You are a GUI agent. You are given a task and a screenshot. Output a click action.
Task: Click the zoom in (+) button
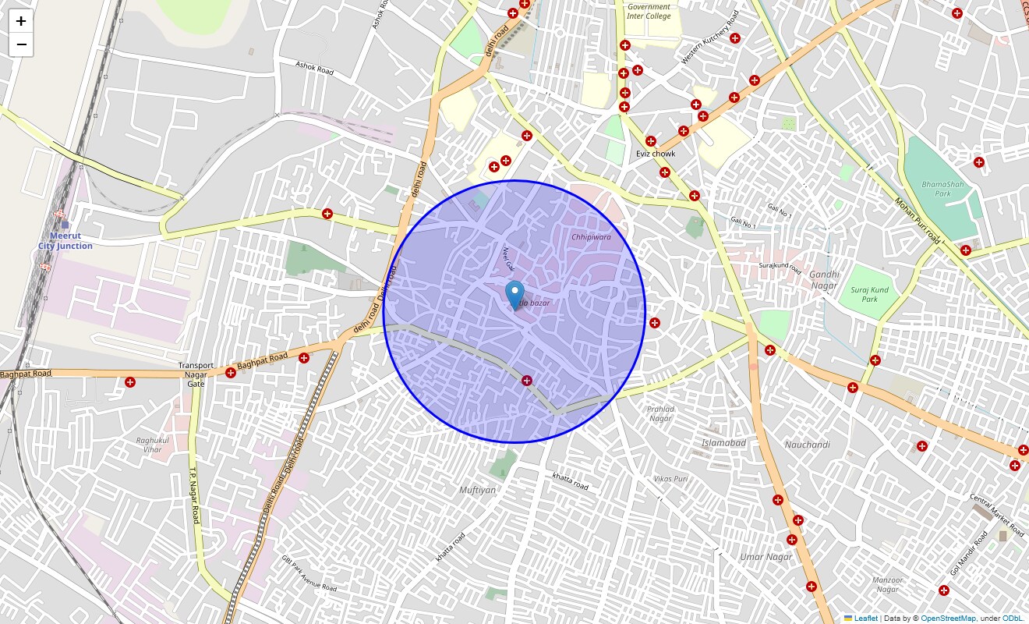point(21,21)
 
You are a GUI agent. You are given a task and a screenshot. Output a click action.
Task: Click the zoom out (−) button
point(21,44)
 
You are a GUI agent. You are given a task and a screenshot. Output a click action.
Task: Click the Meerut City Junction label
point(65,240)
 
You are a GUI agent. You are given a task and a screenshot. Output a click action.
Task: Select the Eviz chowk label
point(656,154)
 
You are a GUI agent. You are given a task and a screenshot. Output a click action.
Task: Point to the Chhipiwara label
point(591,236)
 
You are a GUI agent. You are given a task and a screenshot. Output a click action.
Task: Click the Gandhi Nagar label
point(823,279)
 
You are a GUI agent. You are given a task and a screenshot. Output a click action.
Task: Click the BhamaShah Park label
point(936,189)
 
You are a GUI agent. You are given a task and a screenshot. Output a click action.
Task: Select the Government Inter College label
point(649,11)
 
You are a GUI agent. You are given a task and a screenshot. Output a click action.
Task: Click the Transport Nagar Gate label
point(196,374)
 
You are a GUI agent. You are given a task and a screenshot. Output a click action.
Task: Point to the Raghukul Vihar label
point(149,445)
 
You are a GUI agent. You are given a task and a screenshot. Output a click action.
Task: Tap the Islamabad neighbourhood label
point(724,443)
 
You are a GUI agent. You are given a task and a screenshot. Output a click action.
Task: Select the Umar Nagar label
point(766,557)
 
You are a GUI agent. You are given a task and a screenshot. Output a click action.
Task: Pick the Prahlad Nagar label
point(660,413)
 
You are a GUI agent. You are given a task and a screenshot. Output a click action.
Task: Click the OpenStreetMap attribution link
point(948,619)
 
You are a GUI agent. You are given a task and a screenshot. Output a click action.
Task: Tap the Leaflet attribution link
point(865,619)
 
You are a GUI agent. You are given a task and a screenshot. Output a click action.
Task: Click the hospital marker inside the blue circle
point(527,381)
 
